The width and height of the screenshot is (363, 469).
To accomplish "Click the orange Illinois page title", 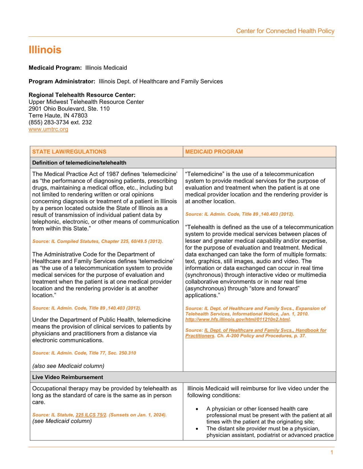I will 45,50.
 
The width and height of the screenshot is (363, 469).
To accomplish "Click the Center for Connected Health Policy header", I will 285,31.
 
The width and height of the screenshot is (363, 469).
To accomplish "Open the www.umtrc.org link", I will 48,129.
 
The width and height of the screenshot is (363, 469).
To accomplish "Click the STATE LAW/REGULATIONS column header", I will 69,152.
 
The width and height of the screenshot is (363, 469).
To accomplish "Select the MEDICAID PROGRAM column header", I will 214,152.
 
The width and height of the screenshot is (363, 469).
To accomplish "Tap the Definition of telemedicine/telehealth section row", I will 79,163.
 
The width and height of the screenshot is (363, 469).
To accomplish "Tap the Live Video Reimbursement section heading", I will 67,377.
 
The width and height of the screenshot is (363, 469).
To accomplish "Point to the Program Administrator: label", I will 62,81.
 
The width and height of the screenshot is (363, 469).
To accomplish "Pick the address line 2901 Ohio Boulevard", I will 69,109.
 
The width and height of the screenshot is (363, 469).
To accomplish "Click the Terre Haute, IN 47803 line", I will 58,116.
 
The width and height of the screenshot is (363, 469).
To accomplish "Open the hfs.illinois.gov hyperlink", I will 237,319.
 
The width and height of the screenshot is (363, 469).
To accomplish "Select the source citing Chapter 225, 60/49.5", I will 98,241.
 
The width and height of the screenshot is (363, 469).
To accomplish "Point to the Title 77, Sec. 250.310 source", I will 84,353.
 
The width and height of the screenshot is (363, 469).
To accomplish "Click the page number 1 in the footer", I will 332,453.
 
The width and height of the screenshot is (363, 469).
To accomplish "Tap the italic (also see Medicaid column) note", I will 68,366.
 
